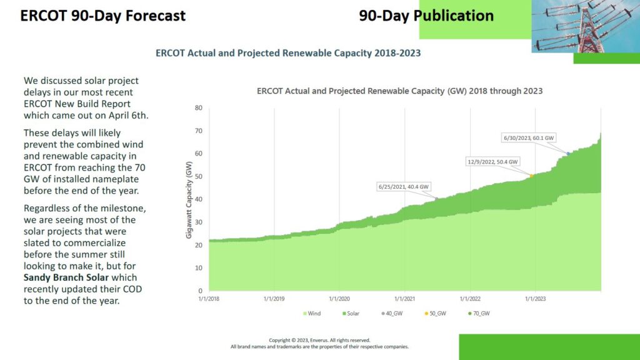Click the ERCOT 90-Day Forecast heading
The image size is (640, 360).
pos(102,16)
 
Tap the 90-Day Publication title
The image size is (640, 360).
pos(426,16)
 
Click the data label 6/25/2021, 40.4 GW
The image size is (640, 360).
pos(404,186)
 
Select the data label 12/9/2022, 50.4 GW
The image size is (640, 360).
pos(493,161)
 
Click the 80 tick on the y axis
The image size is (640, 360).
pos(199,107)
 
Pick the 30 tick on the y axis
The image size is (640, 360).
pos(199,222)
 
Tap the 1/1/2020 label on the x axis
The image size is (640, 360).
pos(339,299)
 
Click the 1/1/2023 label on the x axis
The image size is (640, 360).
pos(535,299)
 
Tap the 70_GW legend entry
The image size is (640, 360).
pos(478,312)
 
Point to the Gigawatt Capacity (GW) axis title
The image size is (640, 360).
pos(188,199)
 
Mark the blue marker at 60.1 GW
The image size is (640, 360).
pos(568,153)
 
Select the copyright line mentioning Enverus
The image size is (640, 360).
pos(319,340)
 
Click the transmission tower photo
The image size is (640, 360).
pos(586,26)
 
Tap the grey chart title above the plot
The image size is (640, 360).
pos(399,91)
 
